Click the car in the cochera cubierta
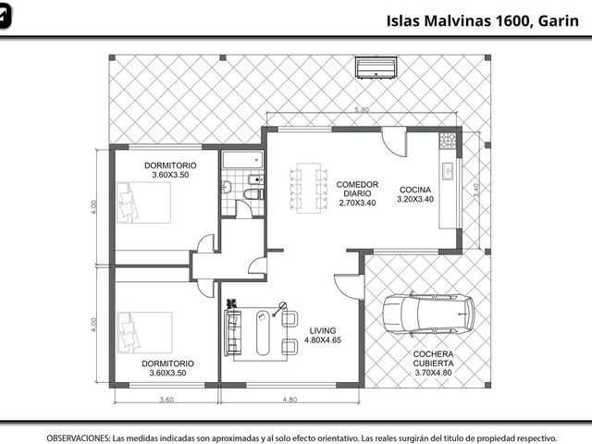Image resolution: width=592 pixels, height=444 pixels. coord(428,314)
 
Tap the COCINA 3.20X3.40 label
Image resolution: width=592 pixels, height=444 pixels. coord(415,194)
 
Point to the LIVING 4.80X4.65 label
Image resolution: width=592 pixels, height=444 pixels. coord(323,335)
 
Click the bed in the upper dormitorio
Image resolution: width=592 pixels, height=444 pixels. coord(144,203)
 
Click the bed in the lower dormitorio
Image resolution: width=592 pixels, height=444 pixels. coord(144,333)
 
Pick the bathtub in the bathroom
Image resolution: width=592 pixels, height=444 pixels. coord(242,160)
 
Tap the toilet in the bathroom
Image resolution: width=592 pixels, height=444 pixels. coord(253,194)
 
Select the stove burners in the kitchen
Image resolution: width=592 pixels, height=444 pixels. coord(448,140)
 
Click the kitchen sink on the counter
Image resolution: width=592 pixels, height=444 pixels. coord(448,170)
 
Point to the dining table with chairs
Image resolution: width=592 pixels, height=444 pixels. coord(308,188)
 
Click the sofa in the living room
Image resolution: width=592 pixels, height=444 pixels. coord(232,333)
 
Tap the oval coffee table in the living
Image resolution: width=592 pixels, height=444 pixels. coord(263,333)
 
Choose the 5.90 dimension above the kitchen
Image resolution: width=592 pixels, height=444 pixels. coord(362,110)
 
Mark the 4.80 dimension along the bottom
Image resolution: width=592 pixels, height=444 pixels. coord(290,400)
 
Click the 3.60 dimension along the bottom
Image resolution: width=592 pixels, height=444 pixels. coord(166,400)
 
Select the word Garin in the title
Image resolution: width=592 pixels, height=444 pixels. coord(559,20)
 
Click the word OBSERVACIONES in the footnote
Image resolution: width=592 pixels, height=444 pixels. coord(79,438)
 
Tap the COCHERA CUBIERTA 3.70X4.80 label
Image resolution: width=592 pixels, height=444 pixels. coord(433,364)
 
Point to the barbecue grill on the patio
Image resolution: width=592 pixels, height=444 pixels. coord(376,68)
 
